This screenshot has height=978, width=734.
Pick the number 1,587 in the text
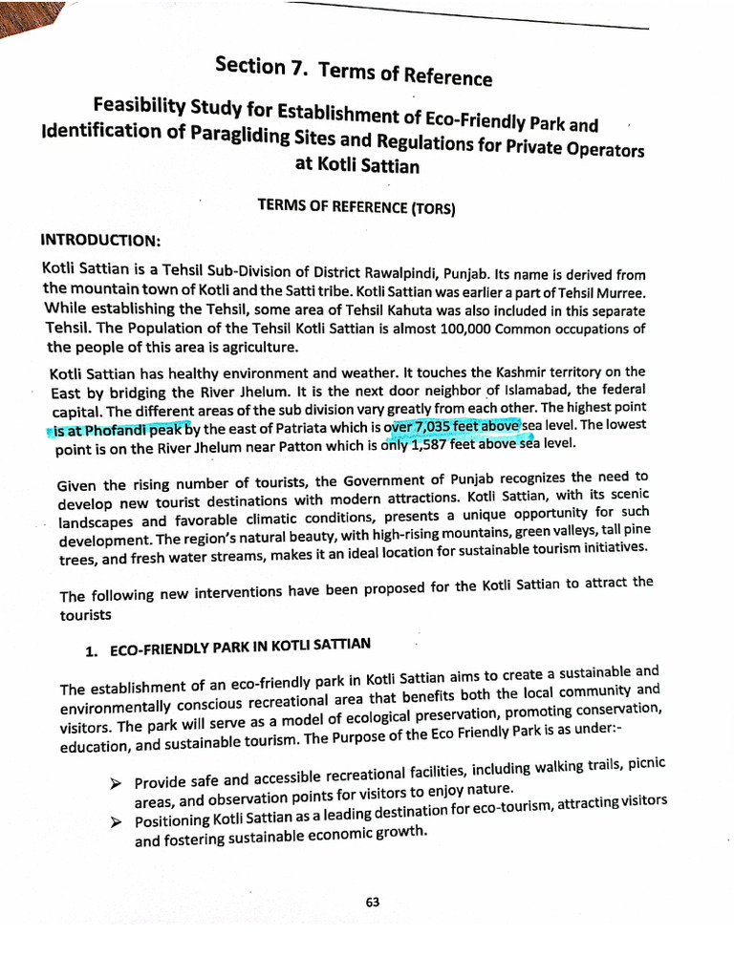click(434, 444)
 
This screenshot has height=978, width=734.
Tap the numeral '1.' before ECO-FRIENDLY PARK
click(93, 651)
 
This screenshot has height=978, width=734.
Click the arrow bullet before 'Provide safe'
click(116, 783)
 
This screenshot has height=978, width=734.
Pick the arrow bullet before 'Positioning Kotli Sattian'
click(116, 820)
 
